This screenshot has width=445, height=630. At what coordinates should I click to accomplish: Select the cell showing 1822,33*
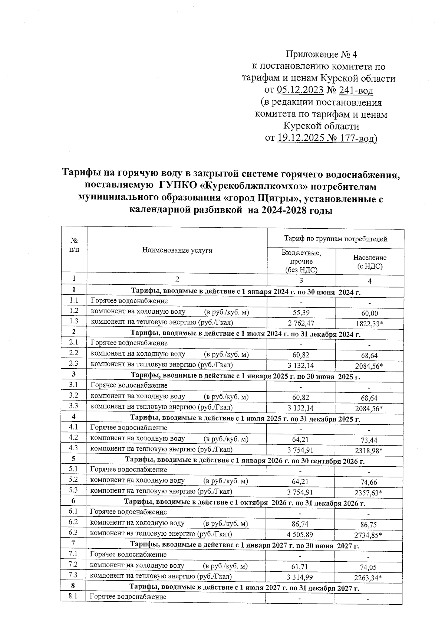tap(369, 324)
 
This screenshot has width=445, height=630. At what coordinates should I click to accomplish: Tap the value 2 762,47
tap(301, 323)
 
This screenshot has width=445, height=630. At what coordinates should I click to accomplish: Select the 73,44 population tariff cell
tap(369, 440)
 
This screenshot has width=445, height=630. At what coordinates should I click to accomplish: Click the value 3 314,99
tap(300, 577)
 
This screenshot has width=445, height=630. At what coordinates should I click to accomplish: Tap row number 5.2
tap(73, 480)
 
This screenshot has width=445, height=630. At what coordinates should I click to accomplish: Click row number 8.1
tap(73, 597)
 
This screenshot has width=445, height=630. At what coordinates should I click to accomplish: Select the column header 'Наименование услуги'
tap(177, 250)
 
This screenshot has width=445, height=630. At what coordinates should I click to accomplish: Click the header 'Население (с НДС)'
tap(369, 262)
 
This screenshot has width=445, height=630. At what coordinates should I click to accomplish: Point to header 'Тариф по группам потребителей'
tap(335, 239)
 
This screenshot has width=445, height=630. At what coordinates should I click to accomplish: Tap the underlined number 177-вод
tap(356, 138)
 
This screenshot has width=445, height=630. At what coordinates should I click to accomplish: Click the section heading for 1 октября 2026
tap(244, 503)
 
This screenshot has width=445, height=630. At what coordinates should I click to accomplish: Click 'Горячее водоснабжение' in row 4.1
tap(129, 428)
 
